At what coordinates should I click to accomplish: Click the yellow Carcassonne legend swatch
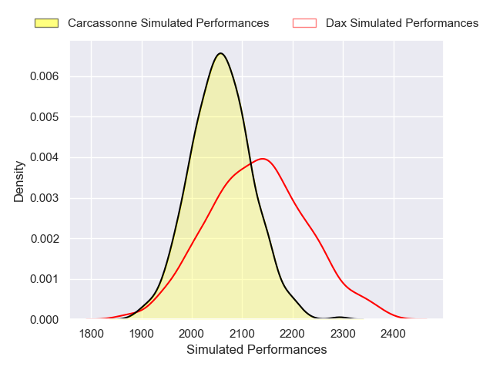coord(48,23)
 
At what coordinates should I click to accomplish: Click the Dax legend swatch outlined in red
coord(305,23)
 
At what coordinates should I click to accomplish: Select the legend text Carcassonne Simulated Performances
coord(168,23)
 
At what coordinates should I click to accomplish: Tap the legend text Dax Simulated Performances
coord(402,23)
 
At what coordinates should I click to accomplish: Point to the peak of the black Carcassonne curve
coord(220,53)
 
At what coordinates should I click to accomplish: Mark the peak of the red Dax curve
coord(263,159)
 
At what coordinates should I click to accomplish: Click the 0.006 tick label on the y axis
coord(45,77)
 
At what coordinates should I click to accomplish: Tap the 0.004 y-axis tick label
coord(45,158)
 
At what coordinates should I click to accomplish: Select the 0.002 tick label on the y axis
coord(45,239)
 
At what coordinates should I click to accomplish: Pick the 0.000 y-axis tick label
coord(45,319)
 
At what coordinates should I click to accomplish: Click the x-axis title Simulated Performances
coord(257,350)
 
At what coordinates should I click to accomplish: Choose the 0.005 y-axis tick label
coord(45,117)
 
